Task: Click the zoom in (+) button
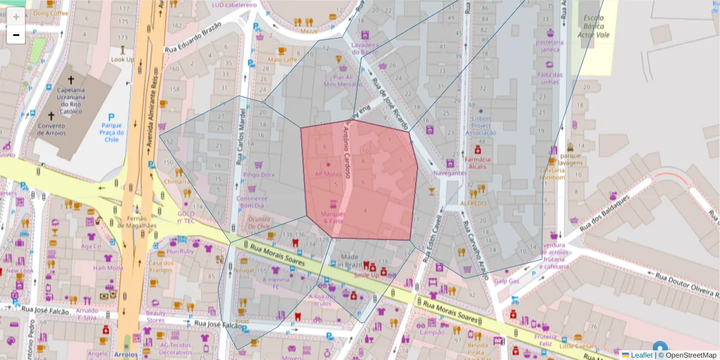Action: coord(16,16)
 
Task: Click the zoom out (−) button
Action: coord(16,35)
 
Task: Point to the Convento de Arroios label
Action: coord(51,130)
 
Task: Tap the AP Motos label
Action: coord(328,174)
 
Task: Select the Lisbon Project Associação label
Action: coord(481,125)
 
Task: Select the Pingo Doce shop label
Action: coord(259,175)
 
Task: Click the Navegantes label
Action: coord(449,173)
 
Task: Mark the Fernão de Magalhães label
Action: coord(137,221)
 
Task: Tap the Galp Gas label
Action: coord(506,281)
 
